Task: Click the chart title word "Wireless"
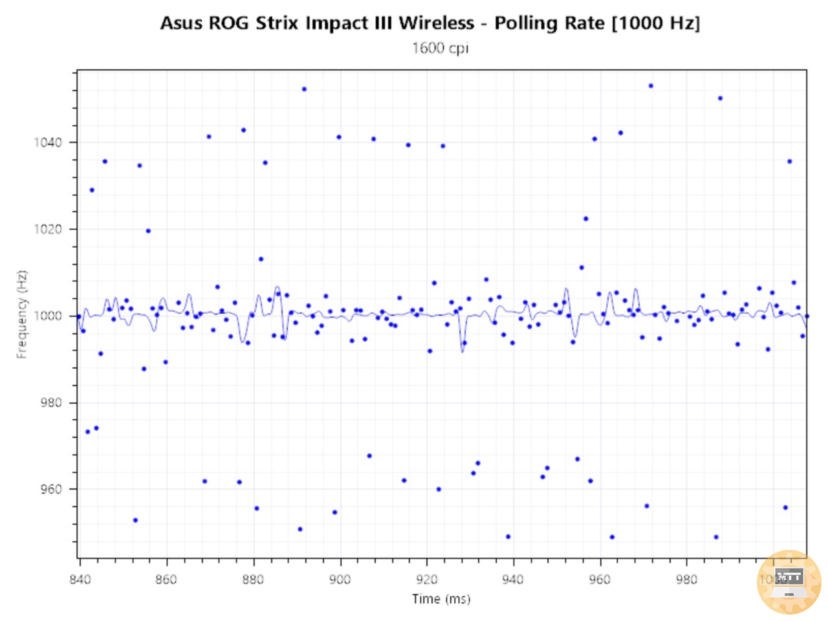436,23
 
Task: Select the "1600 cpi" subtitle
440,48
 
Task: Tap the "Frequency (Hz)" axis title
23,314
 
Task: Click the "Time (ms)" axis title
441,599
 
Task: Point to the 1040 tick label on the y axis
48,142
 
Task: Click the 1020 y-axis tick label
48,229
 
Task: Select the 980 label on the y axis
50,402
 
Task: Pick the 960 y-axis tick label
50,489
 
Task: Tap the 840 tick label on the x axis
80,579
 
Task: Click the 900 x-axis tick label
340,579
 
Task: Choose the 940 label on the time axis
513,579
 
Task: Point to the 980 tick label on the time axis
686,579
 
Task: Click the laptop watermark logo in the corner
789,582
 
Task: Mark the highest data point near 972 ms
651,86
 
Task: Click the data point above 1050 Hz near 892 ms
304,89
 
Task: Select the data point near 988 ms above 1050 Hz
720,98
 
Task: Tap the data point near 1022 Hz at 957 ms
586,219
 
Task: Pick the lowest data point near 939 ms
508,537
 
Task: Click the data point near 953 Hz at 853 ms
135,520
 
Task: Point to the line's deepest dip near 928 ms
462,351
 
